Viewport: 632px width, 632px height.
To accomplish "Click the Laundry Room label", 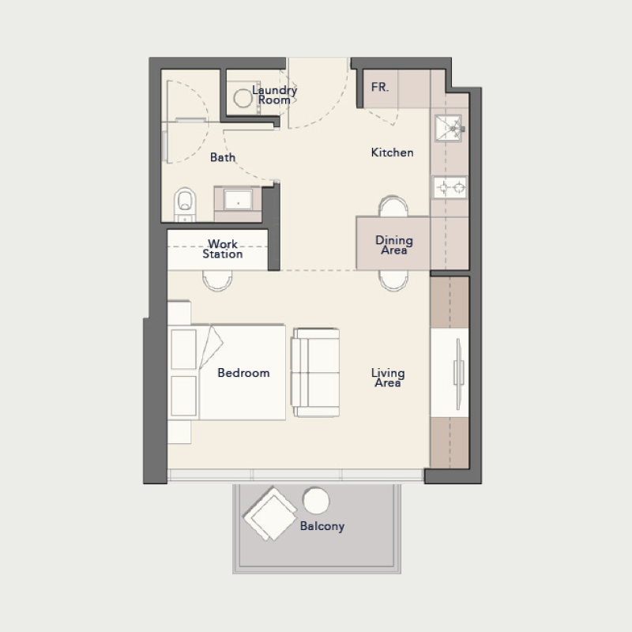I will click(x=274, y=95).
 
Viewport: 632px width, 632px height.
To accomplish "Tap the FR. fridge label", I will click(x=380, y=88).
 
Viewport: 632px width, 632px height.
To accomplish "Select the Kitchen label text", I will click(x=392, y=152).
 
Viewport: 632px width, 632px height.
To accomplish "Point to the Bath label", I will click(x=223, y=157).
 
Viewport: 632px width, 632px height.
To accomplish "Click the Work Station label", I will click(x=223, y=249).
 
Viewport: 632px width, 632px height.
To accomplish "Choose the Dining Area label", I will click(x=393, y=245).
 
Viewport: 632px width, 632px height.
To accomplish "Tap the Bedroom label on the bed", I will click(x=243, y=373).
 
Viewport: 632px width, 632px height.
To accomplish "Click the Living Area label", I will click(x=388, y=377).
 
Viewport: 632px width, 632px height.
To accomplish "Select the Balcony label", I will click(x=322, y=525).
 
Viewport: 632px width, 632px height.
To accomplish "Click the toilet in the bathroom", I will click(x=184, y=203).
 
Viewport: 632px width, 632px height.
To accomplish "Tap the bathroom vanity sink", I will click(x=238, y=201).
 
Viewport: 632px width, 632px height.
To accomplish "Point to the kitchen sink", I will click(x=448, y=126).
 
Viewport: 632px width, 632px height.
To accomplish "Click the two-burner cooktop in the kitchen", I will click(x=450, y=188).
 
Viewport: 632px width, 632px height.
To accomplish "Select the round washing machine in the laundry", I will click(x=243, y=99).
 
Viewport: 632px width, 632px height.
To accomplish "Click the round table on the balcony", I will click(x=316, y=500).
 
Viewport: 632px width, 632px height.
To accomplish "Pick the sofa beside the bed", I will click(x=316, y=372).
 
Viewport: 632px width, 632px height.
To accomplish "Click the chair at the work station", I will click(x=217, y=280).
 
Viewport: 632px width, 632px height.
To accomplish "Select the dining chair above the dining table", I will click(x=393, y=207).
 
